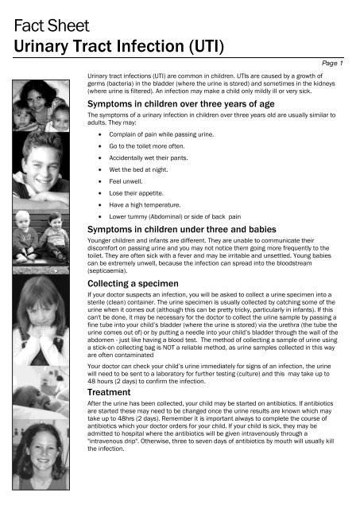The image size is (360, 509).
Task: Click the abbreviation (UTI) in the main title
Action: pos(203,41)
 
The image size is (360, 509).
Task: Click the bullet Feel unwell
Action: pos(132,183)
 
